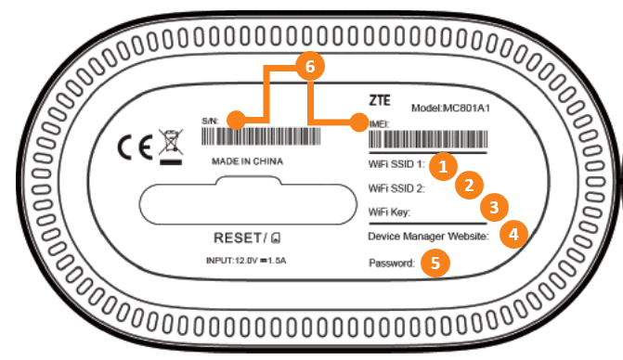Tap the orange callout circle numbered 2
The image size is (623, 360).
[470, 185]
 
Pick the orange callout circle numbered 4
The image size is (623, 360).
[513, 234]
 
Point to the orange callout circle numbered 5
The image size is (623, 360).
[434, 263]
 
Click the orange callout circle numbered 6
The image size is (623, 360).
[310, 66]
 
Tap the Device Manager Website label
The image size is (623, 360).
[427, 237]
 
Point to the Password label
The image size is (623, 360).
[391, 263]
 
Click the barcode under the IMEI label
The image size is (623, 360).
[428, 140]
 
